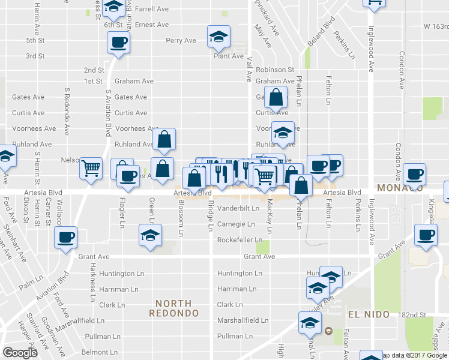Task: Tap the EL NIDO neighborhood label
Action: coord(368,314)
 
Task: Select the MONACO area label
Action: coord(396,187)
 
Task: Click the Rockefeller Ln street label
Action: coord(240,240)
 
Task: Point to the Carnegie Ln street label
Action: coord(236,224)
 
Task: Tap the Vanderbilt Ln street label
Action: coord(238,209)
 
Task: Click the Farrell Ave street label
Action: coord(152,10)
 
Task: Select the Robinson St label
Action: coord(275,70)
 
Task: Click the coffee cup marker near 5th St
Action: coord(118,43)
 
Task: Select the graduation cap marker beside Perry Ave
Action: coord(219,37)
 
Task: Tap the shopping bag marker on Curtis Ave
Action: coord(275,97)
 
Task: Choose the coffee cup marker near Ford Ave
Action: coord(66,238)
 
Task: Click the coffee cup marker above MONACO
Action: coord(414,175)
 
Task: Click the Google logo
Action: coord(20,353)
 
